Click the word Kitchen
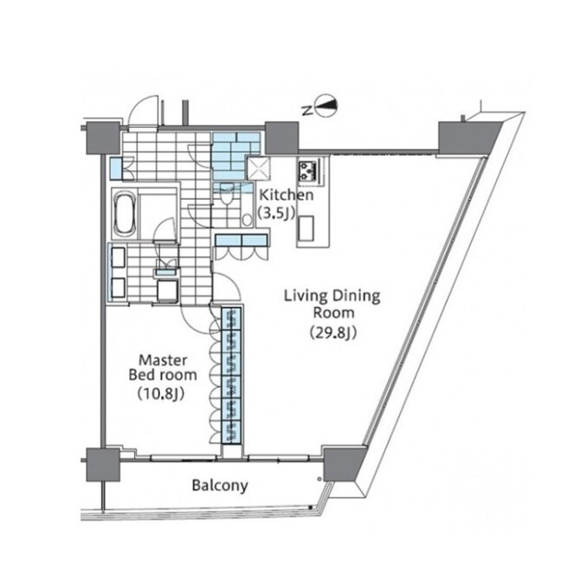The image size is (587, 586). click(287, 195)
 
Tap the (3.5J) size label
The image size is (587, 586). click(277, 213)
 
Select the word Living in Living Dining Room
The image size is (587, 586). click(306, 296)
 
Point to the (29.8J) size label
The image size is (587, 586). click(332, 332)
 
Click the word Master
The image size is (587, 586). click(163, 360)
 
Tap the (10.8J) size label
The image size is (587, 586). click(161, 394)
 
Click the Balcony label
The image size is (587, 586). click(220, 486)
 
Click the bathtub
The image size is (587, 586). click(125, 214)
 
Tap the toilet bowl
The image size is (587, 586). click(227, 193)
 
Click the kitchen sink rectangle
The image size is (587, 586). click(306, 229)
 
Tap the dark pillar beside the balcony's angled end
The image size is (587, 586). click(344, 464)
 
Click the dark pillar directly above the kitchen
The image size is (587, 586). click(281, 138)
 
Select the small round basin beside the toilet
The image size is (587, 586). click(247, 220)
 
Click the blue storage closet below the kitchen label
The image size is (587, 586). click(242, 241)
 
